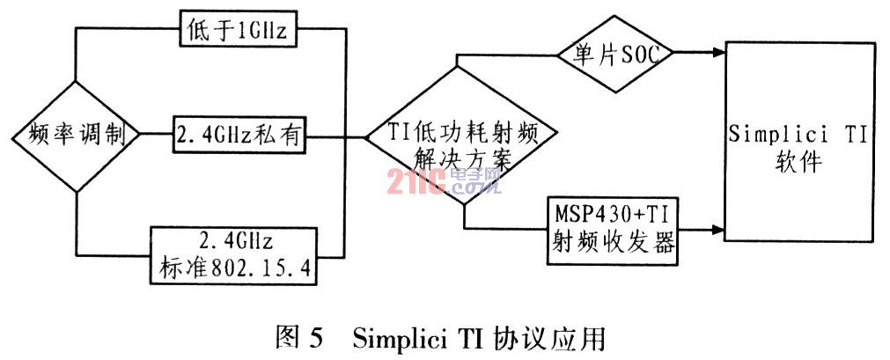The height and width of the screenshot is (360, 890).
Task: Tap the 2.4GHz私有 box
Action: click(239, 136)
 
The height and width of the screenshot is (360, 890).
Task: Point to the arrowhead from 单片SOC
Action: click(717, 54)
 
